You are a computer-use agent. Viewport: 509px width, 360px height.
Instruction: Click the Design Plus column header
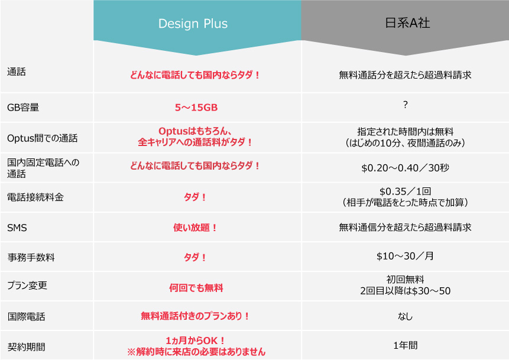(x=193, y=24)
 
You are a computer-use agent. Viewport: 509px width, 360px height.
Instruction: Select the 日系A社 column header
(x=407, y=23)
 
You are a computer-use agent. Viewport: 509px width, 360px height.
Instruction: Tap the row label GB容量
(x=23, y=108)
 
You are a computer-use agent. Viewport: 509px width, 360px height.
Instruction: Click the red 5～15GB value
(x=196, y=108)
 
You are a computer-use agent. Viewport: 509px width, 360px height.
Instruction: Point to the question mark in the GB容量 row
(x=405, y=105)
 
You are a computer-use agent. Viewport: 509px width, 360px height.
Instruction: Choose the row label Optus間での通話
(x=42, y=138)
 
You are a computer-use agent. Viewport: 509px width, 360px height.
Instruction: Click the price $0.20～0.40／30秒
(x=405, y=168)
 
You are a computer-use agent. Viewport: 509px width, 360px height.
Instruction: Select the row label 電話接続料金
(x=35, y=197)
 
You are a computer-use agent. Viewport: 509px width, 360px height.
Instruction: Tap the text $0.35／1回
(x=405, y=192)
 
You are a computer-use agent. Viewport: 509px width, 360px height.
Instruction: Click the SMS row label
(x=17, y=228)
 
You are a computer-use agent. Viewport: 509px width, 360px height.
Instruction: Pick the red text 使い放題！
(x=195, y=228)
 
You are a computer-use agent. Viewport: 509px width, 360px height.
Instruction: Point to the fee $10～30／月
(x=405, y=256)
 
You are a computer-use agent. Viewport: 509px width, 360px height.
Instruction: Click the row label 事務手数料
(x=31, y=257)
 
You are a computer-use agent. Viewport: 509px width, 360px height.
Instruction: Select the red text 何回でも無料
(x=196, y=288)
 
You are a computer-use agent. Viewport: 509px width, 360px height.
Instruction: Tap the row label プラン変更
(x=27, y=286)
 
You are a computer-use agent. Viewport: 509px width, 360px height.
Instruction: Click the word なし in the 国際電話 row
(x=405, y=316)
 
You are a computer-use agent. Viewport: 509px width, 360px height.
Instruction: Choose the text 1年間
(x=405, y=345)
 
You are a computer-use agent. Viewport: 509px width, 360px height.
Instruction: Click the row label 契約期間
(x=26, y=347)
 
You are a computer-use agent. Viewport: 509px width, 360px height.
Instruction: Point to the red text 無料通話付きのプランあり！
(x=195, y=316)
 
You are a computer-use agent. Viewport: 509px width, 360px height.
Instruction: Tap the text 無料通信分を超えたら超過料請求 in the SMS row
(x=405, y=227)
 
